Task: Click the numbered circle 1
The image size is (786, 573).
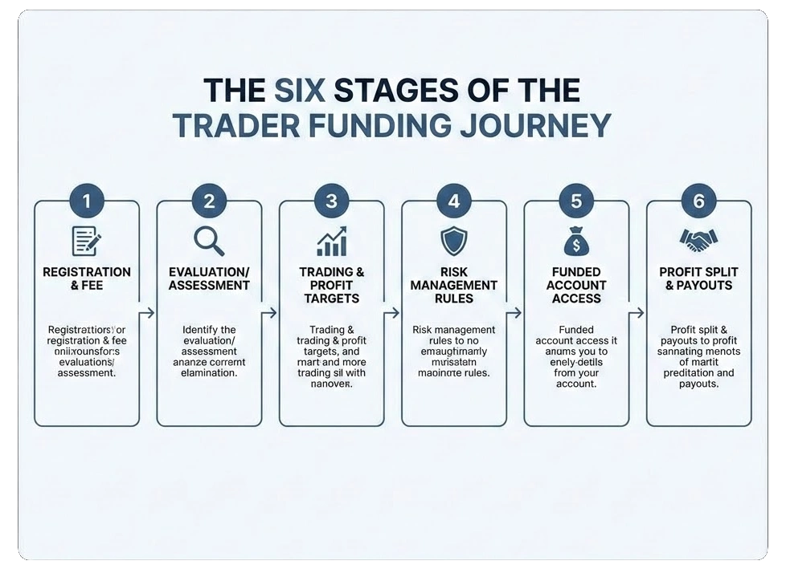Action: pyautogui.click(x=87, y=201)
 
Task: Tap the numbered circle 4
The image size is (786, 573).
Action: pyautogui.click(x=453, y=201)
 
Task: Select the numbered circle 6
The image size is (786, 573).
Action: pyautogui.click(x=698, y=201)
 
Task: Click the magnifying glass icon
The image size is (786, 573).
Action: pyautogui.click(x=209, y=240)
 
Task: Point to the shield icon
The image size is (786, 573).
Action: pyautogui.click(x=453, y=240)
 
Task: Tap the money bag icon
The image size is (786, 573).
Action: pyautogui.click(x=576, y=240)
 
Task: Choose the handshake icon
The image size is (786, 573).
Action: pyautogui.click(x=698, y=238)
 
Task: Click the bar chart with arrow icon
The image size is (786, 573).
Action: pyautogui.click(x=331, y=240)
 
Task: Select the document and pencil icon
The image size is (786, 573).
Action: pyautogui.click(x=87, y=240)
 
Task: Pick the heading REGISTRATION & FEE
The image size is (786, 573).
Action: pyautogui.click(x=87, y=278)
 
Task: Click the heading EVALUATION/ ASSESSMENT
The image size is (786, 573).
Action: pyautogui.click(x=209, y=278)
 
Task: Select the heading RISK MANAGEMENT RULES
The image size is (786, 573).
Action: pyautogui.click(x=453, y=285)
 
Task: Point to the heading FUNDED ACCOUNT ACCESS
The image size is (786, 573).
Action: pyautogui.click(x=576, y=285)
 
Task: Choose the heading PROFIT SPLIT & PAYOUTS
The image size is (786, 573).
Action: pyautogui.click(x=698, y=278)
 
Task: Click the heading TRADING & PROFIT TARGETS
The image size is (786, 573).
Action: pyautogui.click(x=331, y=285)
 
